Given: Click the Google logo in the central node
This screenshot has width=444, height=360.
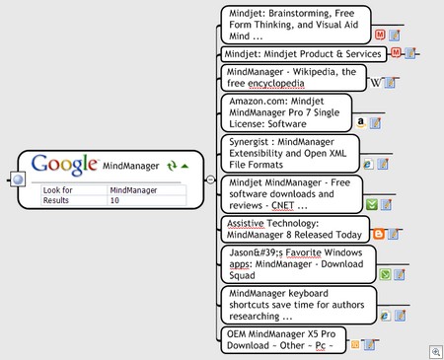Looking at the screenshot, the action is coord(65,164).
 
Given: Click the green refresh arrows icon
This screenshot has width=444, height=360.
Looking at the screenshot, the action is coord(171,166).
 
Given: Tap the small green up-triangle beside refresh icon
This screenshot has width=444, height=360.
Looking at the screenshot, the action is coord(185,166).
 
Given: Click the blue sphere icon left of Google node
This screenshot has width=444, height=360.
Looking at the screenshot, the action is coord(17,180).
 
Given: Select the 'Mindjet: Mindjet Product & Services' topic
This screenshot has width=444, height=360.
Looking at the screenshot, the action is coord(302,53).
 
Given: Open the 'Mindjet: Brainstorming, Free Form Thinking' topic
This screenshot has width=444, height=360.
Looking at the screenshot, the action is coord(294,24).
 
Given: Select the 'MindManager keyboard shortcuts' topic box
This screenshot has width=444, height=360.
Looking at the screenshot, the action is coord(297,304).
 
